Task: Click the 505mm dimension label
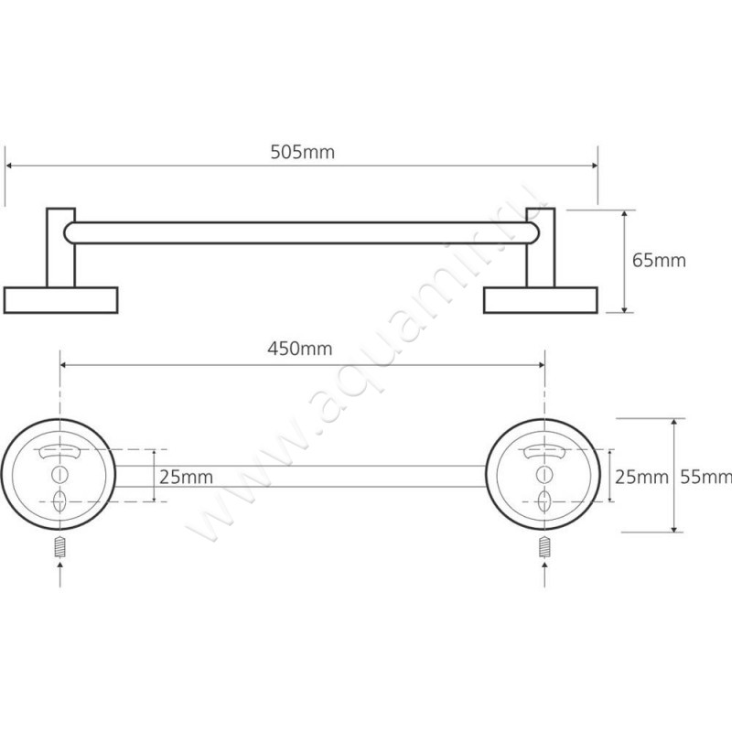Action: pyautogui.click(x=303, y=152)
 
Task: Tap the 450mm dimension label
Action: pyautogui.click(x=300, y=349)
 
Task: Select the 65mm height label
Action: pyautogui.click(x=659, y=260)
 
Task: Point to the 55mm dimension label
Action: pyautogui.click(x=705, y=477)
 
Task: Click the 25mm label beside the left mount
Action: pyautogui.click(x=187, y=477)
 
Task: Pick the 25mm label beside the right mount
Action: pyautogui.click(x=641, y=477)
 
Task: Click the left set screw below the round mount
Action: pyautogui.click(x=59, y=546)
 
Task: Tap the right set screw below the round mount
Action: pyautogui.click(x=544, y=546)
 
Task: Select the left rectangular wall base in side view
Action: pyautogui.click(x=60, y=300)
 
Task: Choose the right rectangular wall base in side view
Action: pyautogui.click(x=541, y=300)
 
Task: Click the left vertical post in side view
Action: pyautogui.click(x=60, y=247)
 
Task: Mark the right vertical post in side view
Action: pyautogui.click(x=541, y=247)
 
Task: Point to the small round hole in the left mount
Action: pyautogui.click(x=59, y=474)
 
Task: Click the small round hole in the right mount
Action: pyautogui.click(x=544, y=474)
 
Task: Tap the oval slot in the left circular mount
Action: pyautogui.click(x=59, y=501)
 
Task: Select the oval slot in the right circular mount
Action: pyautogui.click(x=544, y=501)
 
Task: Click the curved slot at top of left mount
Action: pyautogui.click(x=59, y=451)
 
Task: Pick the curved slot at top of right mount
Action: pyautogui.click(x=544, y=451)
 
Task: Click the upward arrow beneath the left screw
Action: pyautogui.click(x=59, y=574)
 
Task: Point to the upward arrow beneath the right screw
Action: pyautogui.click(x=544, y=574)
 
